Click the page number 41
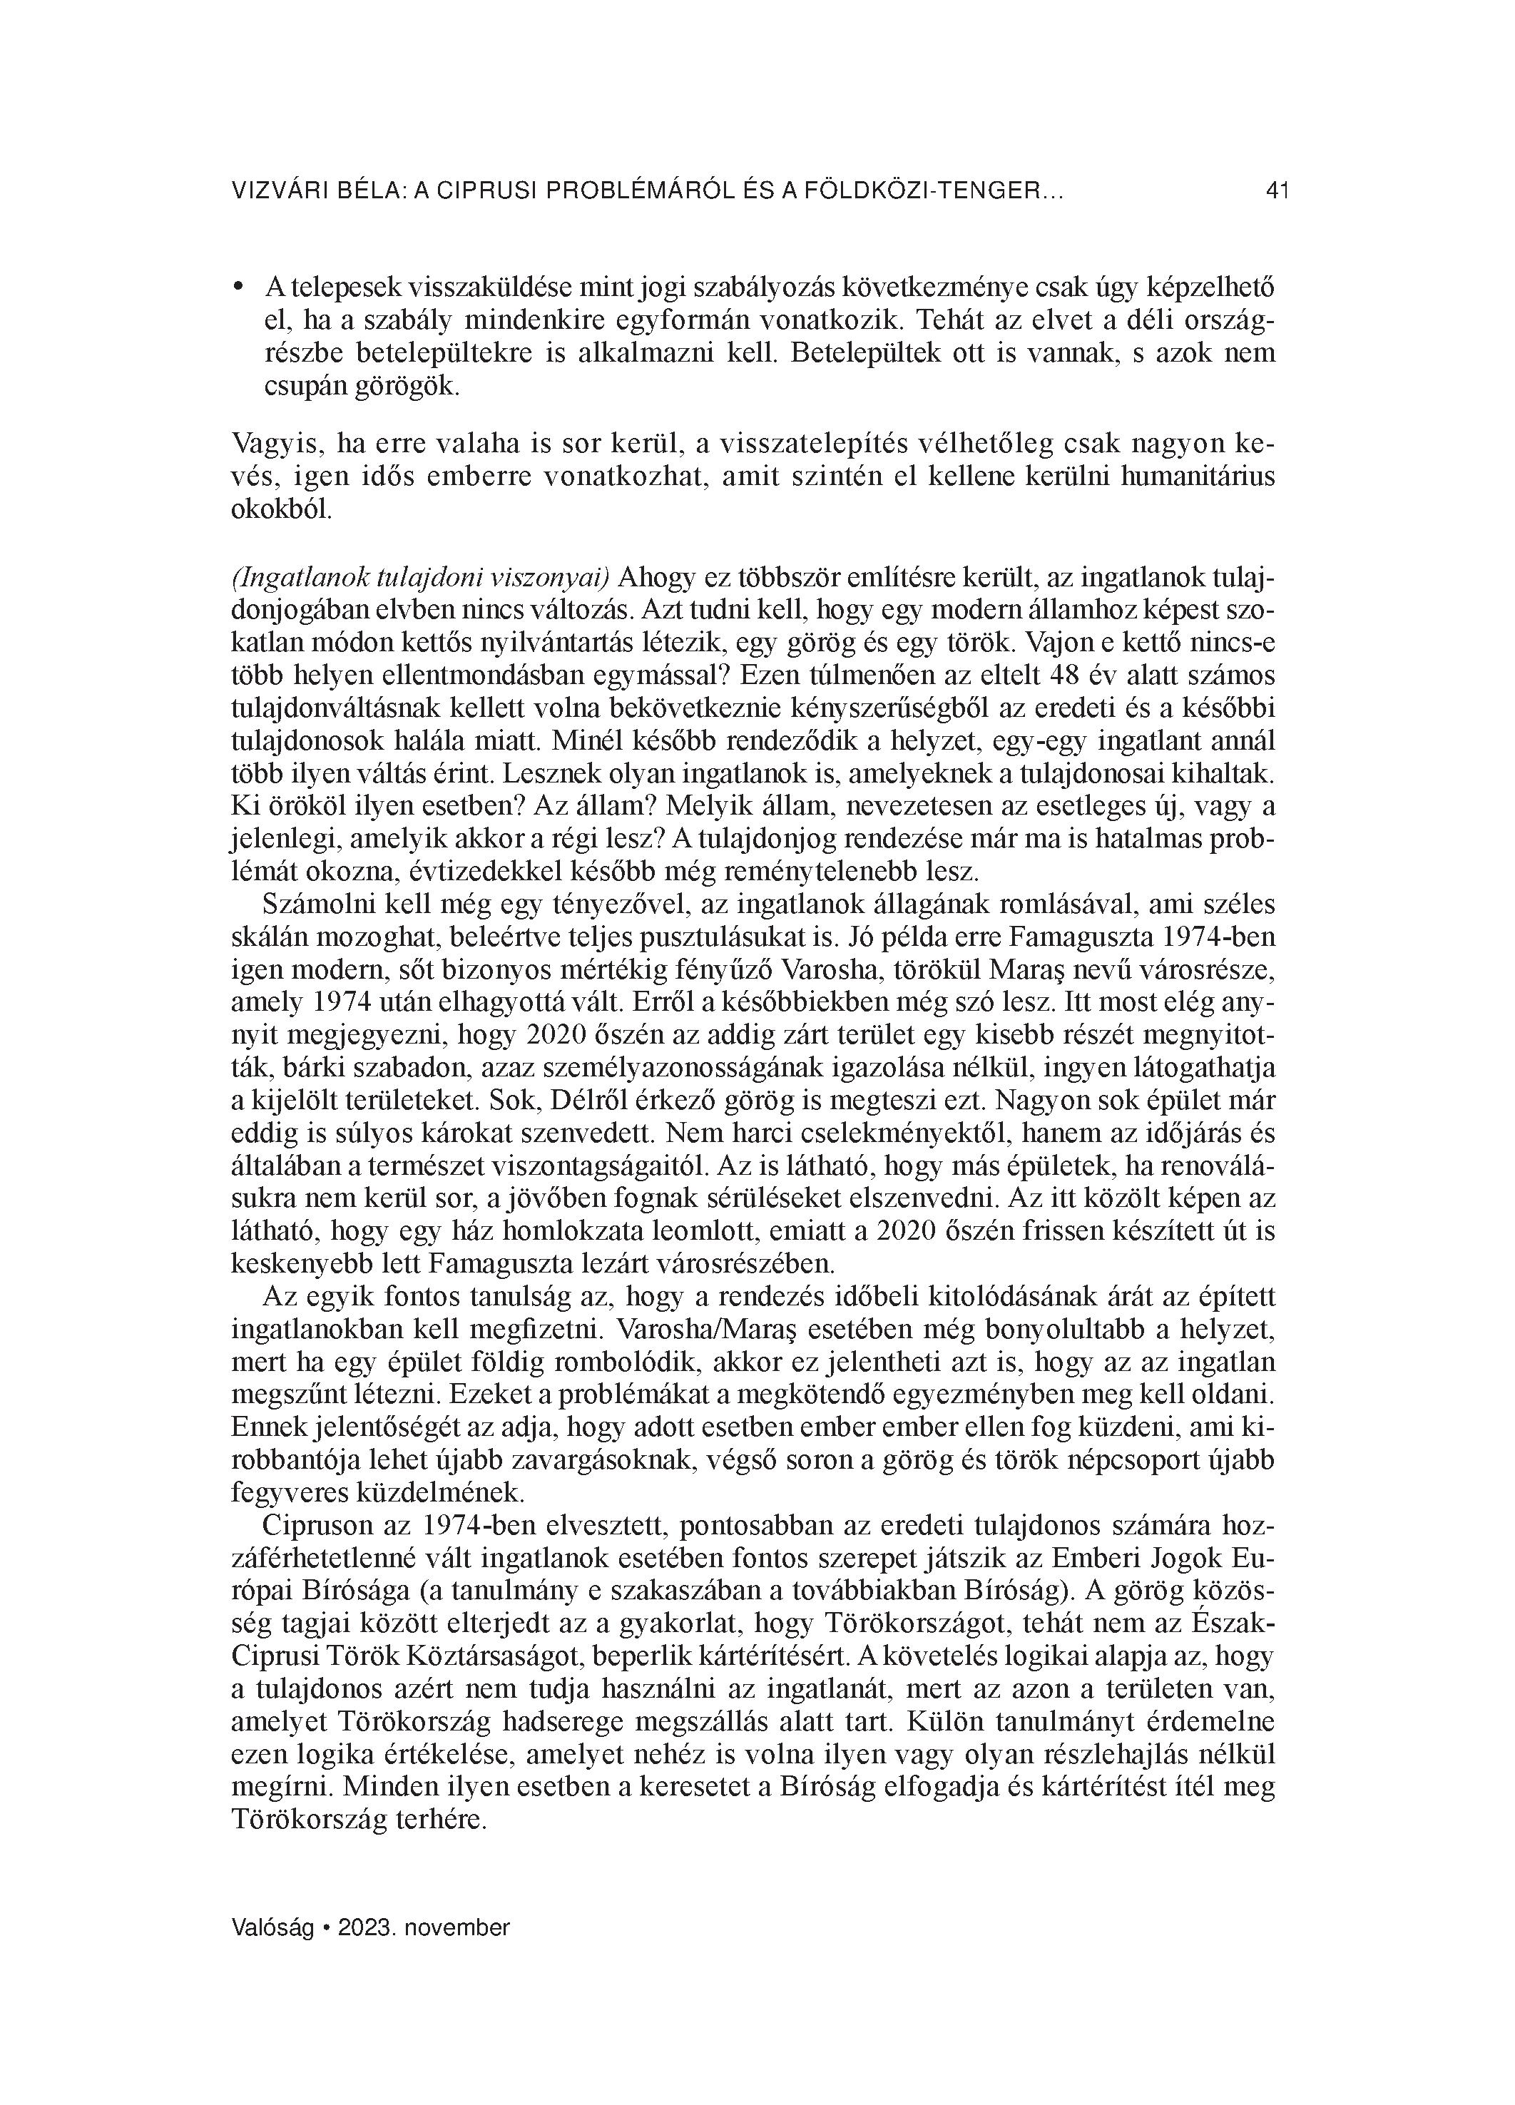pos(1277,191)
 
